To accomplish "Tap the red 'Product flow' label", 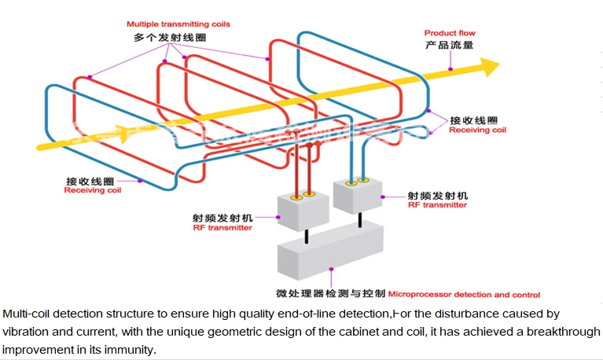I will (450, 33).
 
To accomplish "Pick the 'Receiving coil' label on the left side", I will (93, 190).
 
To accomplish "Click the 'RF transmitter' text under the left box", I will (222, 228).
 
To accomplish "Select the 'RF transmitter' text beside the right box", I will (436, 204).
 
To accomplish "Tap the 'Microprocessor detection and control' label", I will (464, 295).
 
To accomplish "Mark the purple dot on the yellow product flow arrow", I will (450, 69).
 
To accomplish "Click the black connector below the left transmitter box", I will (303, 237).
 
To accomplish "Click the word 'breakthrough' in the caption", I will (560, 332).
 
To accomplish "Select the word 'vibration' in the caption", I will (25, 332).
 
